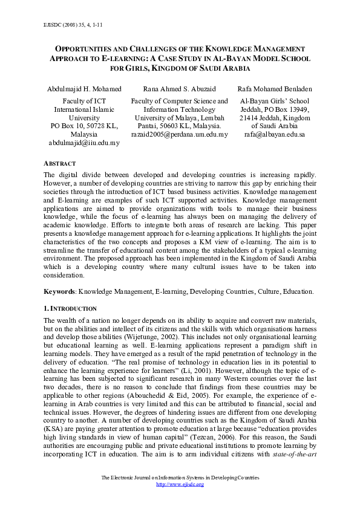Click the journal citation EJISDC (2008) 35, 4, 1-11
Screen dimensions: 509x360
click(x=62, y=27)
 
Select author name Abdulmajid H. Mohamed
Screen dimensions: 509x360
click(x=84, y=89)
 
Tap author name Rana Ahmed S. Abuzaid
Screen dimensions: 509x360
click(x=179, y=89)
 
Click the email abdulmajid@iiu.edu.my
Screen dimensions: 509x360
click(x=84, y=143)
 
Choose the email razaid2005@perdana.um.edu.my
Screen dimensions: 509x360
click(x=180, y=134)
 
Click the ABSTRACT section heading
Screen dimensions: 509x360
click(x=60, y=164)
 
